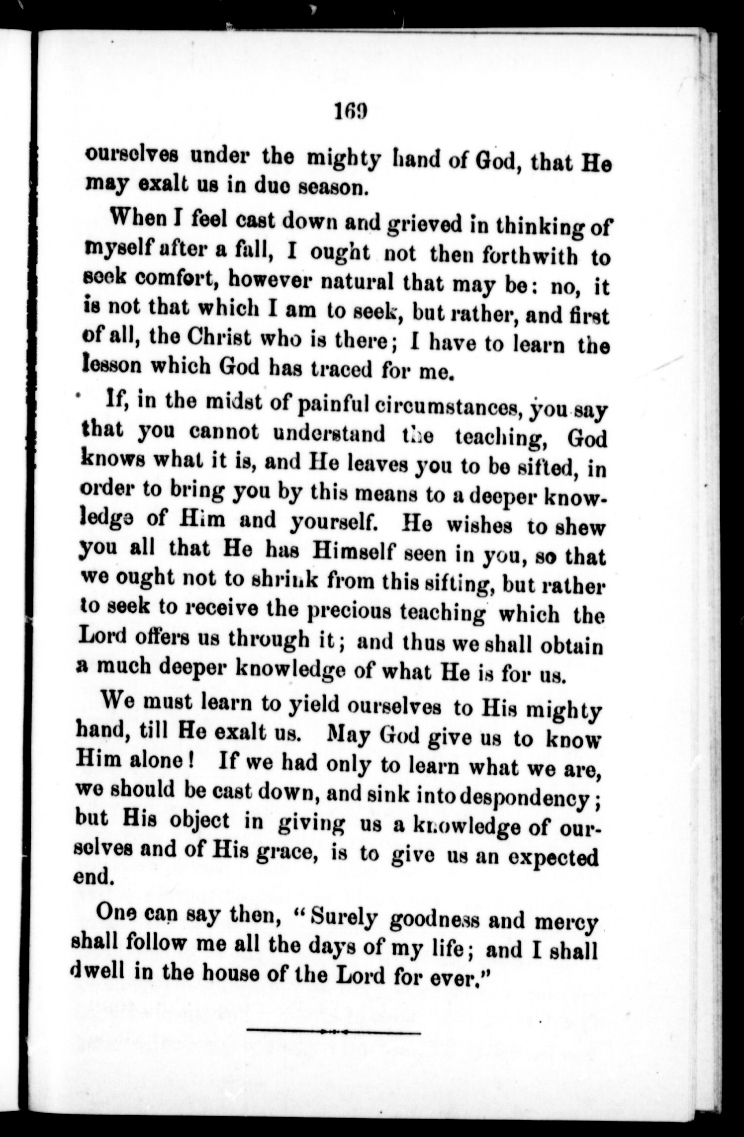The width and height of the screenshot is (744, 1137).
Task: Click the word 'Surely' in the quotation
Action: click(342, 920)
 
